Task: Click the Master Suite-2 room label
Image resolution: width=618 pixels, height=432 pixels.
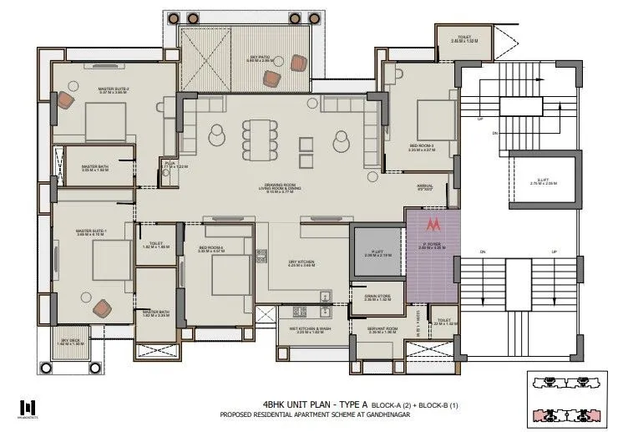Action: pos(93,91)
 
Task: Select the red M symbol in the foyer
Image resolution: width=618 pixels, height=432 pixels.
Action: pos(433,225)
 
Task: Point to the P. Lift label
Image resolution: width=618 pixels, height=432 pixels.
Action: pos(375,252)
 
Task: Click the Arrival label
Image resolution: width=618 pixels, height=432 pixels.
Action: pos(425,186)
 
